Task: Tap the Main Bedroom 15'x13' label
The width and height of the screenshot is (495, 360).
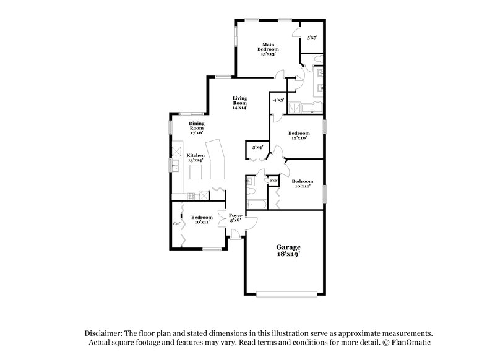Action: (268, 49)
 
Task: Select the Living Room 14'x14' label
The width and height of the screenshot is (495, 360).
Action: (239, 103)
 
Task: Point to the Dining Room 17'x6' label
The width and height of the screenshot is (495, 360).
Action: (196, 127)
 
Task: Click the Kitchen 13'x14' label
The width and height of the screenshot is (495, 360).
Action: (196, 158)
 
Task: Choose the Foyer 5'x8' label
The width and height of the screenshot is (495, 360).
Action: (236, 218)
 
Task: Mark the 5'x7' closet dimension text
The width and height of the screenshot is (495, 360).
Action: (312, 38)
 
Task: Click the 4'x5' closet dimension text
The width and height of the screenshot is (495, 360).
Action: (278, 100)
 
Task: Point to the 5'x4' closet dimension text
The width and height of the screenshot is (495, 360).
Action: (257, 147)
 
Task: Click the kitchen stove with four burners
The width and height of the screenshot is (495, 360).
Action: (191, 196)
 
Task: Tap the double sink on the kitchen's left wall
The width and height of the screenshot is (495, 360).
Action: (176, 165)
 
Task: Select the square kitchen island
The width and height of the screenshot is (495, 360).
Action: (197, 171)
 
